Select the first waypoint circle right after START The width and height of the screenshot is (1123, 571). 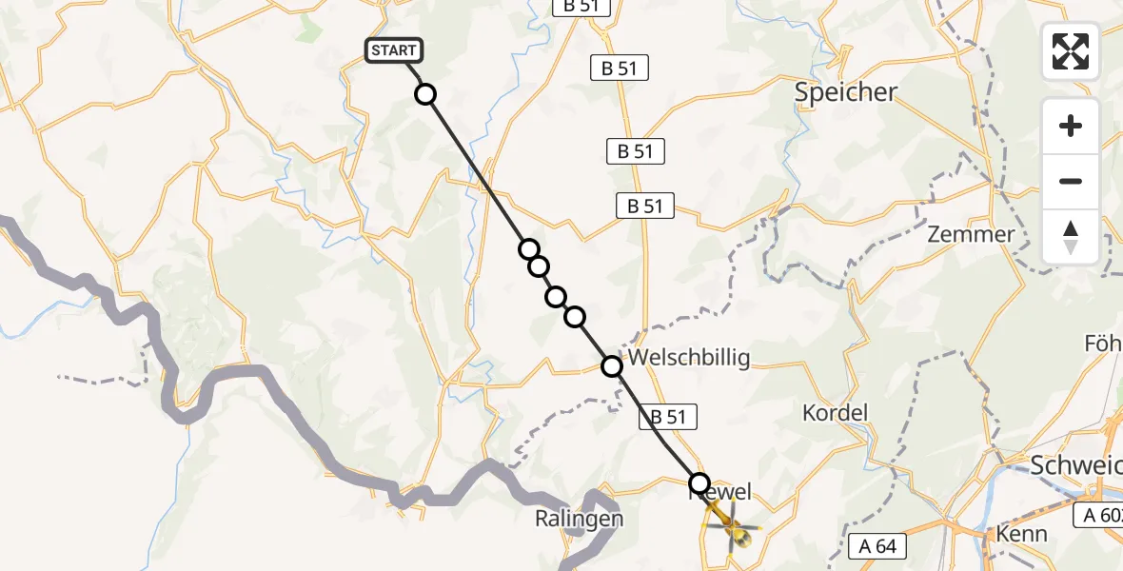coord(425,94)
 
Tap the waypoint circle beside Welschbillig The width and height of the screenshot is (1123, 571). coord(612,364)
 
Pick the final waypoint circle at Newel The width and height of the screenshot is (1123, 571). coord(699,483)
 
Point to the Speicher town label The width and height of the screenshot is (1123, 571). coord(847,92)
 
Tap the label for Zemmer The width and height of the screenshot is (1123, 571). coord(971,234)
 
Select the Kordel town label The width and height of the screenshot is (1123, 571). coord(836,413)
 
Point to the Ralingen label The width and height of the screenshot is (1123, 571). coord(579,520)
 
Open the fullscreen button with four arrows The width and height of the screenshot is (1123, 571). coord(1071,51)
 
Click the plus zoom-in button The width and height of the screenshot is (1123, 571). coord(1071,126)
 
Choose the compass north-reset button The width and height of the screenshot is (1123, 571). coord(1071,237)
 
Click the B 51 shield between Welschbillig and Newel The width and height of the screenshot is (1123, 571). coord(668,416)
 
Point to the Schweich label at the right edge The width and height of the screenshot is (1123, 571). coord(1075,465)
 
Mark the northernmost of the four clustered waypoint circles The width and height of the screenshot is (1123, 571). coord(529,249)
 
